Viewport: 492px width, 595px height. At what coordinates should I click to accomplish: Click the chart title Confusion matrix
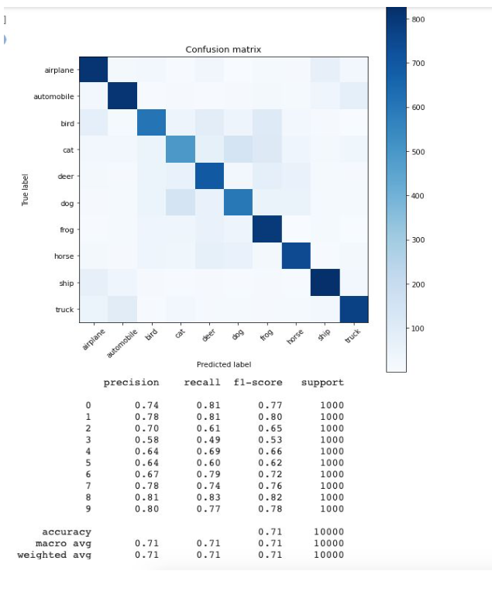tap(223, 50)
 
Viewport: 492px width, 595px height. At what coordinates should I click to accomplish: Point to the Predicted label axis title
tap(223, 364)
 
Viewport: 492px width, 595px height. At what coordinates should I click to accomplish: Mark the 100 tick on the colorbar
tap(417, 328)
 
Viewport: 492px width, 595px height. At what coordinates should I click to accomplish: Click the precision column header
tap(131, 383)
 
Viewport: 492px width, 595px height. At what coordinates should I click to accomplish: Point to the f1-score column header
tap(259, 383)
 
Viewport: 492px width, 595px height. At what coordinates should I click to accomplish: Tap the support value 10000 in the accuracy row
tap(329, 532)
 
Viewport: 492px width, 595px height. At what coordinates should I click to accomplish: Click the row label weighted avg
tap(53, 555)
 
